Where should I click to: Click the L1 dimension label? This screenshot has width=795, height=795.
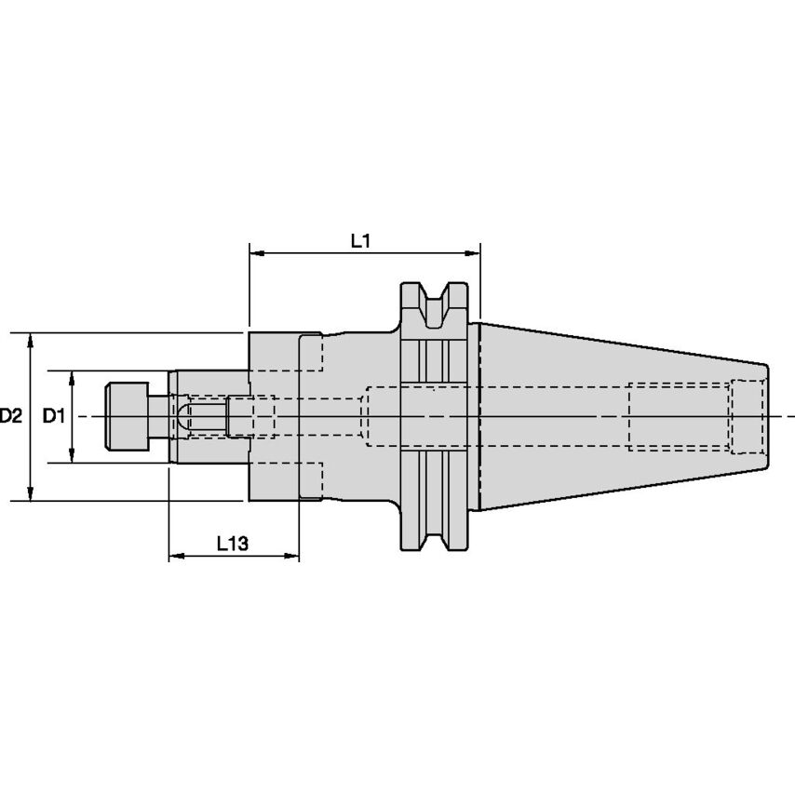tap(361, 240)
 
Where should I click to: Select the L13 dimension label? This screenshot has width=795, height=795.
tap(233, 543)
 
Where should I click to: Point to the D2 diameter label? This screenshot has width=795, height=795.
tap(10, 416)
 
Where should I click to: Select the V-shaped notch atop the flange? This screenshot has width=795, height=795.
tap(433, 303)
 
